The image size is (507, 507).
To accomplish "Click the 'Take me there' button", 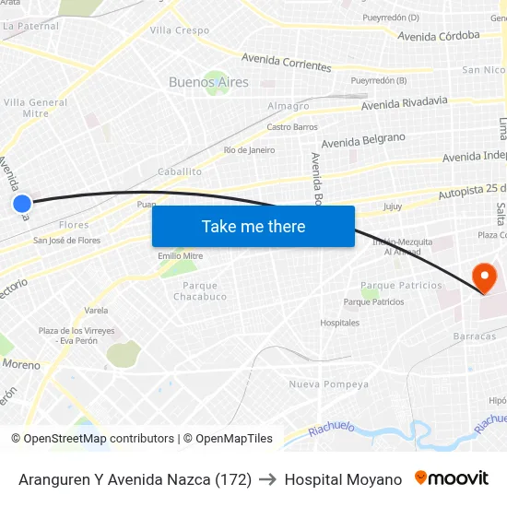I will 253,226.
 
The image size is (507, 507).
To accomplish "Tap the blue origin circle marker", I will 22,204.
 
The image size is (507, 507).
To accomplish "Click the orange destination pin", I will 483,277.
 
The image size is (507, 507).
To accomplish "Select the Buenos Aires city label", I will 208,82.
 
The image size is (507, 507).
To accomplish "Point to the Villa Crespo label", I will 180,30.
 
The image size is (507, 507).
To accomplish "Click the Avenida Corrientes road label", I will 286,63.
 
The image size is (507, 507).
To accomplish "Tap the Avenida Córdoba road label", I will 439,36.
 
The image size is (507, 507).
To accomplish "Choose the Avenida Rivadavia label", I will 405,103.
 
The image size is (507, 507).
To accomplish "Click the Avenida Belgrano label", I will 363,140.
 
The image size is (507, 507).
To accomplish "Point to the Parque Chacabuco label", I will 200,291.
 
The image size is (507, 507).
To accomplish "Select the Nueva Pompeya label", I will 328,384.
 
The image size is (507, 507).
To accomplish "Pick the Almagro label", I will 289,106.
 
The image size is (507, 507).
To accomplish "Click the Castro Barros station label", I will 292,127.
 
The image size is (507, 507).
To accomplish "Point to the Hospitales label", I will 339,323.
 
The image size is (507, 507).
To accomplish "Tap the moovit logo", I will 452,478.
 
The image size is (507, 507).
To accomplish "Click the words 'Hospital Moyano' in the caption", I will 343,479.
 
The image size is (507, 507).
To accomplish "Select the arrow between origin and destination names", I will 268,479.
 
